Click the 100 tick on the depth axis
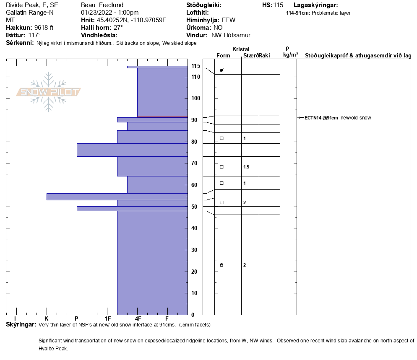[x=196, y=98]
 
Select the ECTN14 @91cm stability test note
[x=321, y=118]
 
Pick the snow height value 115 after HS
[x=278, y=5]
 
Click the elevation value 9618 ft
[x=44, y=28]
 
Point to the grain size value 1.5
[x=246, y=167]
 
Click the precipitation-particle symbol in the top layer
[x=222, y=70]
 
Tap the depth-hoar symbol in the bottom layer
[x=222, y=265]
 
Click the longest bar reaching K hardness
[x=117, y=197]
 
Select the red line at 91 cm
[x=162, y=117]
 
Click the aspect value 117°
[x=34, y=35]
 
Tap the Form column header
[x=223, y=56]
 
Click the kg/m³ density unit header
[x=290, y=54]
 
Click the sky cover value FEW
[x=229, y=20]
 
